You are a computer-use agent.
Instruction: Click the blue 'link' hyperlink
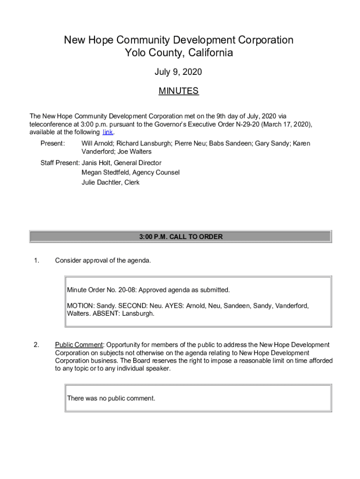(x=108, y=132)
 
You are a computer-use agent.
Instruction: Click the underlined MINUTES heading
(x=179, y=91)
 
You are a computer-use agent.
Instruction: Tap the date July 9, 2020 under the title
(x=179, y=72)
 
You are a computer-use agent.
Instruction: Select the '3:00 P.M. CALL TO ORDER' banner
(x=180, y=237)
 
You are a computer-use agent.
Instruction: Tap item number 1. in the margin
(x=36, y=261)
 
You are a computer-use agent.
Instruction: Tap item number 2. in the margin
(x=36, y=345)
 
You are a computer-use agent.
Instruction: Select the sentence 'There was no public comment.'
(x=111, y=399)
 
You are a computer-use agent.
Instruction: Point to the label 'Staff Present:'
(x=60, y=163)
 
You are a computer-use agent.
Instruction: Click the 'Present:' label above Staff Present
(x=53, y=144)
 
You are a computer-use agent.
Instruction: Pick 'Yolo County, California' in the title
(x=179, y=53)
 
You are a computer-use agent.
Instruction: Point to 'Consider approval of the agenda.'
(x=103, y=261)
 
